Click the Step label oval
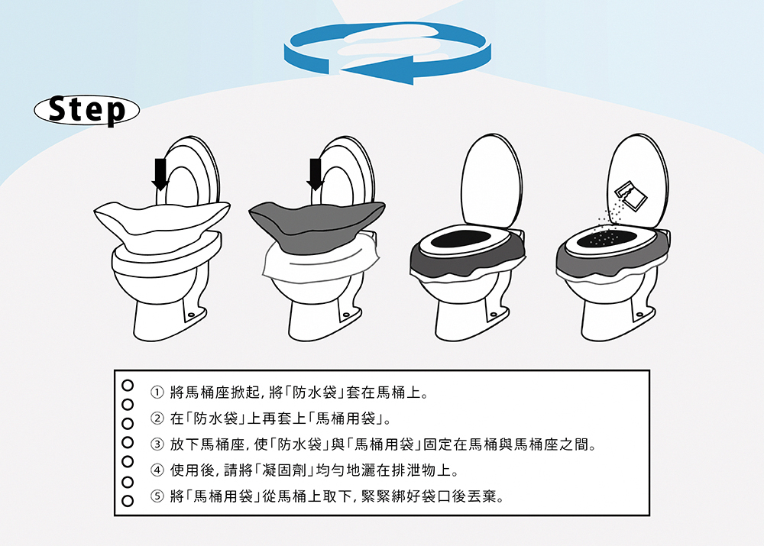[87, 110]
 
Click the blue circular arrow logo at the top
[387, 53]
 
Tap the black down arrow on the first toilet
[160, 174]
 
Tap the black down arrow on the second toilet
[316, 174]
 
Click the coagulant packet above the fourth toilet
[630, 195]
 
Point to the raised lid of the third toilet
[491, 181]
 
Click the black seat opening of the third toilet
[461, 239]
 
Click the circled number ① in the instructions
[157, 392]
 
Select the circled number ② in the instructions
[157, 418]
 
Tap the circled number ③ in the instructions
[157, 444]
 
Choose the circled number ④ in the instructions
[157, 470]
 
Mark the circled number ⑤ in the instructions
[157, 496]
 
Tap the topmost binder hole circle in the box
[128, 386]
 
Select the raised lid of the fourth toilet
[638, 181]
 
